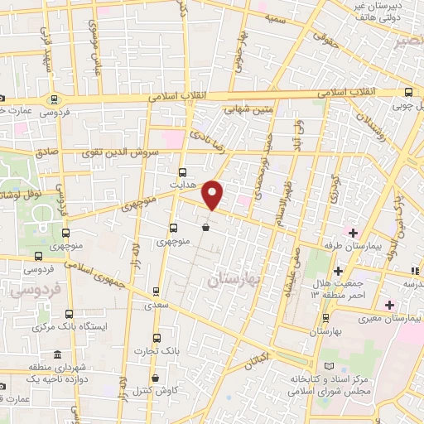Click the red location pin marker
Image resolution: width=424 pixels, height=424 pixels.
tap(214, 195)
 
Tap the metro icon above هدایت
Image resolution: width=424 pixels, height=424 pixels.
tap(183, 161)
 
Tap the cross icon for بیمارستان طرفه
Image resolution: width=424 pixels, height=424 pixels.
tap(353, 232)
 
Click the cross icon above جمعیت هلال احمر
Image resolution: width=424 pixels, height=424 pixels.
tap(337, 271)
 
